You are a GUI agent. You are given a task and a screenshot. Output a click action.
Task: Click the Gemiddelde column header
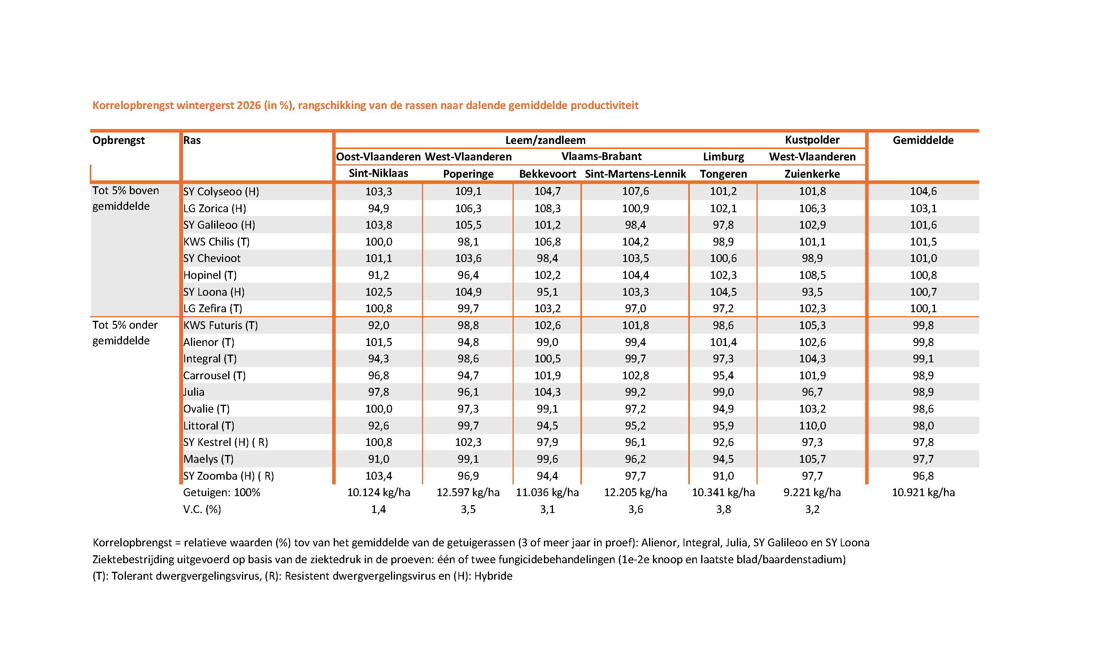pyautogui.click(x=923, y=140)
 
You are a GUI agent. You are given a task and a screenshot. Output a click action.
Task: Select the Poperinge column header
pyautogui.click(x=468, y=174)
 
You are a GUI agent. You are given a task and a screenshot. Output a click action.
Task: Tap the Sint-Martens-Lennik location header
pyautogui.click(x=635, y=174)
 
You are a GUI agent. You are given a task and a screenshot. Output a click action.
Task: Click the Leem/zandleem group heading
pyautogui.click(x=545, y=141)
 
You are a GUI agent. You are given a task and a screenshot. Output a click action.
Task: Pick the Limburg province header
pyautogui.click(x=723, y=156)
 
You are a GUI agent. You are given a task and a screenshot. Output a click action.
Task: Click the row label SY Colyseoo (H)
pyautogui.click(x=221, y=192)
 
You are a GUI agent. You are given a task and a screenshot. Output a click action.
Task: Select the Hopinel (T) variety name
pyautogui.click(x=210, y=275)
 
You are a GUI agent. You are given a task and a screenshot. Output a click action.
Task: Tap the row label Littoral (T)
pyautogui.click(x=209, y=426)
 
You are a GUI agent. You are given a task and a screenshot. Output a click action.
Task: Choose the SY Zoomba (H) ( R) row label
pyautogui.click(x=229, y=476)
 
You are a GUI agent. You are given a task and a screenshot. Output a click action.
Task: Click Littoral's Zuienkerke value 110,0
pyautogui.click(x=812, y=426)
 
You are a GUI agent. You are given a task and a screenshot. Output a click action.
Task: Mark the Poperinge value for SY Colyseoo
pyautogui.click(x=468, y=191)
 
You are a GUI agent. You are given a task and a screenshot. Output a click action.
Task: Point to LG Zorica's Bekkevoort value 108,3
pyautogui.click(x=547, y=208)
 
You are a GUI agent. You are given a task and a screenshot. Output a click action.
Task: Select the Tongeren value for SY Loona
pyautogui.click(x=723, y=292)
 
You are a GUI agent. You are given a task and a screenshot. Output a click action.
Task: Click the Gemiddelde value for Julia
pyautogui.click(x=923, y=392)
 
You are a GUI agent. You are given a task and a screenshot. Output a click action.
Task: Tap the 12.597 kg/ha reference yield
pyautogui.click(x=468, y=493)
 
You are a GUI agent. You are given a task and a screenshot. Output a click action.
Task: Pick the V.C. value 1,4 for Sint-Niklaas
pyautogui.click(x=378, y=509)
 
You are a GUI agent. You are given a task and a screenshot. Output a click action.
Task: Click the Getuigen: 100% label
pyautogui.click(x=221, y=493)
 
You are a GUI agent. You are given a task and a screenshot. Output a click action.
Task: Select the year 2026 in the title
pyautogui.click(x=249, y=105)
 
